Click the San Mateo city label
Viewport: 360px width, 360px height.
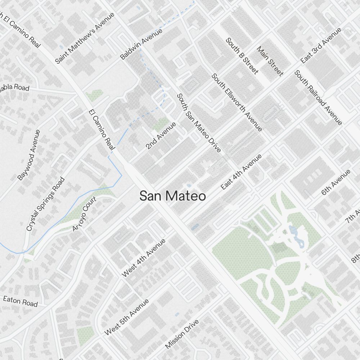tap(172, 196)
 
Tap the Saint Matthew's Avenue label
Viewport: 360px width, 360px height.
tap(85, 38)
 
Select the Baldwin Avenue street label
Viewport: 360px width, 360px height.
tap(141, 44)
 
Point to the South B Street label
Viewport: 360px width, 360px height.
tap(242, 56)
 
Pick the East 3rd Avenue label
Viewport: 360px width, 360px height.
tap(321, 46)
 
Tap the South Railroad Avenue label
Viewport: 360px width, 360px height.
tap(318, 98)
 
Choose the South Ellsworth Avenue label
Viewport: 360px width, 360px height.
tap(237, 102)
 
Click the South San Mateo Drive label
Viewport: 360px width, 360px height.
tap(198, 123)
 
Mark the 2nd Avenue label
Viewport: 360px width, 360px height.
tap(161, 136)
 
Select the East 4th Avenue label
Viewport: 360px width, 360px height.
tap(241, 172)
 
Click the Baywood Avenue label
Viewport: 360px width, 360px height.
tap(29, 155)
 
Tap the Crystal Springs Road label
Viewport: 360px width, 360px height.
tap(46, 204)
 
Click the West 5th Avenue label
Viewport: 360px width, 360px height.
tap(126, 317)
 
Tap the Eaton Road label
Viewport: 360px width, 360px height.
tap(20, 301)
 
